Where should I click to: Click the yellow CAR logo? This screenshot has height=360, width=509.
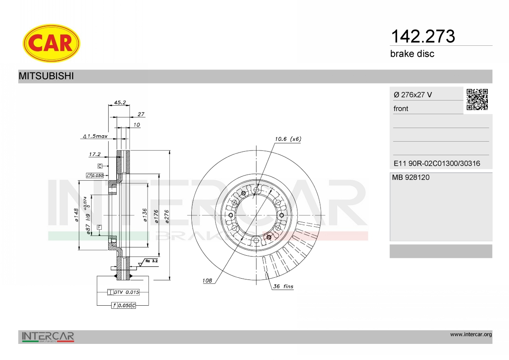coord(51,43)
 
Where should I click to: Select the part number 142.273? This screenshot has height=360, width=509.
coord(423,36)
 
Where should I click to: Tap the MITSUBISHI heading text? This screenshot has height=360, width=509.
coord(46,76)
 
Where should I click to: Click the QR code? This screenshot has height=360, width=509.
coord(477,100)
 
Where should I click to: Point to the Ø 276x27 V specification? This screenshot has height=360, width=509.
coord(413,95)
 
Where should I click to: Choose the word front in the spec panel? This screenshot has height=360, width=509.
coord(401,109)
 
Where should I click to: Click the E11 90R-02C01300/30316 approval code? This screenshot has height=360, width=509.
coord(437,163)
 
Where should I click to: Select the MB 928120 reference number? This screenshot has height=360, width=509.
coord(411,177)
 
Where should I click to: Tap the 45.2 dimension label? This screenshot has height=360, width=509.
coord(120,103)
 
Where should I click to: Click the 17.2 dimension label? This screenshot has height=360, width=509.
coord(95,154)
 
